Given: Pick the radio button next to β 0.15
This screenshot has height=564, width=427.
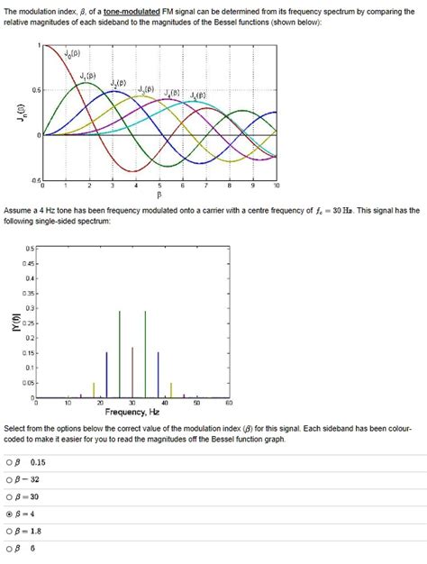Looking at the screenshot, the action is [8, 461].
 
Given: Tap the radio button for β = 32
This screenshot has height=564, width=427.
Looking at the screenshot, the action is [8, 478].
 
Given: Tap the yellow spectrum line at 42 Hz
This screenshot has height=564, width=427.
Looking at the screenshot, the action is [172, 388].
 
